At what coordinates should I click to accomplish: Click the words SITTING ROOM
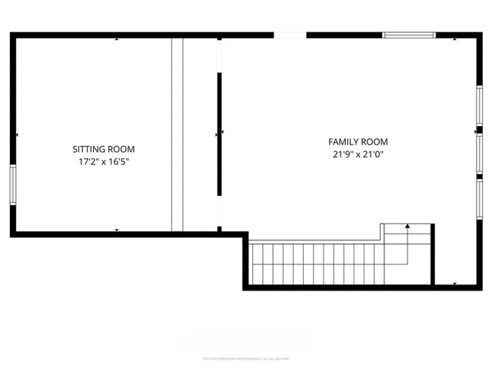coord(104,149)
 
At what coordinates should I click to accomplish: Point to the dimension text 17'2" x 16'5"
coord(104,162)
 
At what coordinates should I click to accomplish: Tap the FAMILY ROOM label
coord(358,142)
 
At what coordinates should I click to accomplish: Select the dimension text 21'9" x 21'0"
coord(358,155)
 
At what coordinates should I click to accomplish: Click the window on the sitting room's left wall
coord(12,184)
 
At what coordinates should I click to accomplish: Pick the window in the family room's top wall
coord(409,35)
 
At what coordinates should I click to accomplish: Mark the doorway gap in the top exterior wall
coord(290,35)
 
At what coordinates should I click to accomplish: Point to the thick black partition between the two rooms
coord(219,135)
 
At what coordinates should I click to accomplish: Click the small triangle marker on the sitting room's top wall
coord(117,38)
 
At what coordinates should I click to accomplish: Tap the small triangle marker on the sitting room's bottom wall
coord(117,229)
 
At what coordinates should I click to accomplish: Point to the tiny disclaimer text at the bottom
coord(246,357)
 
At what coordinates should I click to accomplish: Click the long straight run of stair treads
coord(315,264)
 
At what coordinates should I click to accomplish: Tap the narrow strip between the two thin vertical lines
coord(177,135)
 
